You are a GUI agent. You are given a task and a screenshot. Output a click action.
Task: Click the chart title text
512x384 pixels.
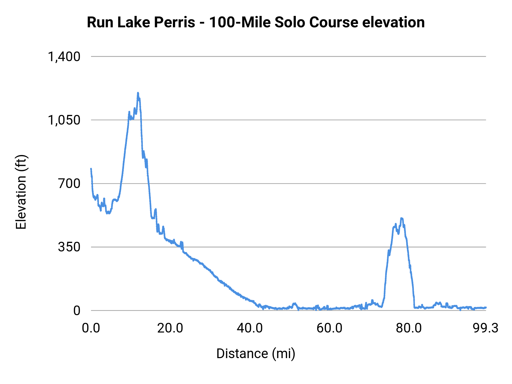tap(255, 22)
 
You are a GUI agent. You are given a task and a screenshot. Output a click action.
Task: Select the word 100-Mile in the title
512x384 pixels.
tap(240, 22)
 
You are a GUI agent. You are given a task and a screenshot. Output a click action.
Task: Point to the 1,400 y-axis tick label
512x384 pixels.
tap(64, 57)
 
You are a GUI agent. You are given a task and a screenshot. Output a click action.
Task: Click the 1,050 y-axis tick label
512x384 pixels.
tap(64, 120)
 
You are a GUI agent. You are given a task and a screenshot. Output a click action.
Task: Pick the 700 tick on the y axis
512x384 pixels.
tap(69, 183)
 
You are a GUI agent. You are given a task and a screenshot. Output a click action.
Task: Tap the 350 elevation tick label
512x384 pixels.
tap(69, 247)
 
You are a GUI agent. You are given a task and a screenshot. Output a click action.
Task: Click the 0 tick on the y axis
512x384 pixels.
tap(77, 311)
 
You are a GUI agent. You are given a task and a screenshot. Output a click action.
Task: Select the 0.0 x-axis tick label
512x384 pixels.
tap(91, 328)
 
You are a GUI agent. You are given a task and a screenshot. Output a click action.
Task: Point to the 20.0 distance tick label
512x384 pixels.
tap(170, 328)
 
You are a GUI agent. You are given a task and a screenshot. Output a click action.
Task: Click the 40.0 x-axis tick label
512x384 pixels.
tap(250, 328)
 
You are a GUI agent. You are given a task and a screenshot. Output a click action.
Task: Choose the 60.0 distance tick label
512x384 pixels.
tap(329, 328)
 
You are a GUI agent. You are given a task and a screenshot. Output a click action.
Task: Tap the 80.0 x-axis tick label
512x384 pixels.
tap(409, 328)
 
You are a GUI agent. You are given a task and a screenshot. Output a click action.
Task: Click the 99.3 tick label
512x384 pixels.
tap(486, 328)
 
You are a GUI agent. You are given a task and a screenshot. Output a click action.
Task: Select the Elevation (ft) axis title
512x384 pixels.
tap(21, 192)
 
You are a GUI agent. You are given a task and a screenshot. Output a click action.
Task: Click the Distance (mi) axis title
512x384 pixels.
tap(256, 354)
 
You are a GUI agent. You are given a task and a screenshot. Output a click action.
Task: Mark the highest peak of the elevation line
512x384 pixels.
tap(138, 93)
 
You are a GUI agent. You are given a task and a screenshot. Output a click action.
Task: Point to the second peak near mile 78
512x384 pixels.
tap(402, 218)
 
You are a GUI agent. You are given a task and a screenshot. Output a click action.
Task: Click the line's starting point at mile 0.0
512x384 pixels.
tap(91, 169)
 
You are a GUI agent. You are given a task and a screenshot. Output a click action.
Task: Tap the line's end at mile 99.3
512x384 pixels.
tap(486, 307)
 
